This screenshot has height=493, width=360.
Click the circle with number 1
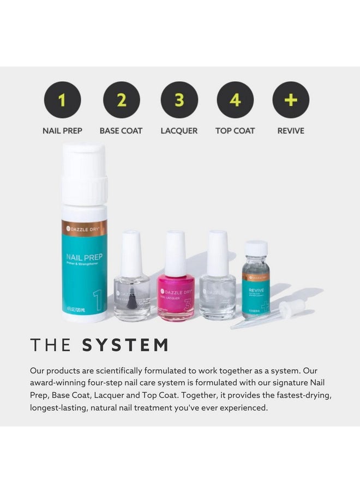tap(62, 100)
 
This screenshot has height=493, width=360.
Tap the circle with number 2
tap(121, 100)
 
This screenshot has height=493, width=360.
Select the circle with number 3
tap(179, 100)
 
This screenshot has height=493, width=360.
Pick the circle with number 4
tap(235, 100)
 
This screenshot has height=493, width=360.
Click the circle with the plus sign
tap(291, 100)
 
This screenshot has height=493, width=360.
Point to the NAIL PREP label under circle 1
tap(62, 131)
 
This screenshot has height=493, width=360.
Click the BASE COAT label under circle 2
tap(121, 131)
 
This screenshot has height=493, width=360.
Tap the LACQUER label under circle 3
tap(179, 131)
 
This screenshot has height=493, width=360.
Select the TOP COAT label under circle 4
tap(235, 131)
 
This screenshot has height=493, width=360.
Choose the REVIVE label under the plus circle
tap(291, 131)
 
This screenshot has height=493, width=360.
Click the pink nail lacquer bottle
tap(176, 299)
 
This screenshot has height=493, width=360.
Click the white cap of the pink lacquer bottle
tap(176, 253)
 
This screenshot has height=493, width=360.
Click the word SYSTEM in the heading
tap(125, 345)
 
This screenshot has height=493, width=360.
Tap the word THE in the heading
tap(51, 345)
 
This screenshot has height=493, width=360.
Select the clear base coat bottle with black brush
tap(131, 297)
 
